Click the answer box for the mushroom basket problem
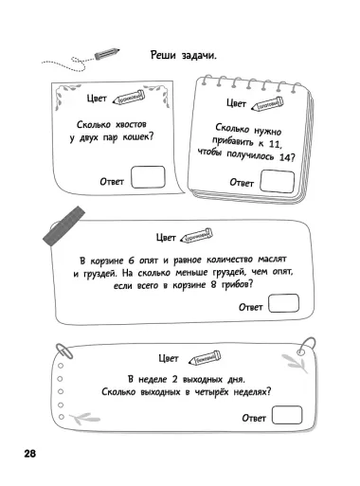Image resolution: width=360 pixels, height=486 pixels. tap(284, 304)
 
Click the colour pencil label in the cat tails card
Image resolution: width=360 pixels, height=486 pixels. tap(130, 99)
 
